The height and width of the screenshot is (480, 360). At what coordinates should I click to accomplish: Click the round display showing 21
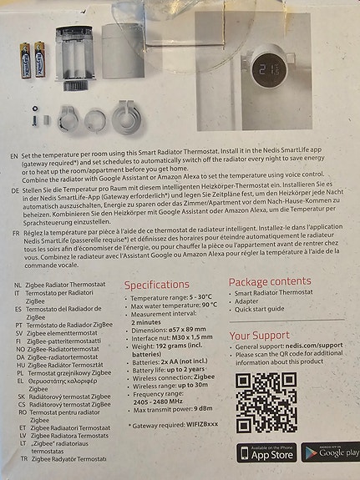point(271,70)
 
